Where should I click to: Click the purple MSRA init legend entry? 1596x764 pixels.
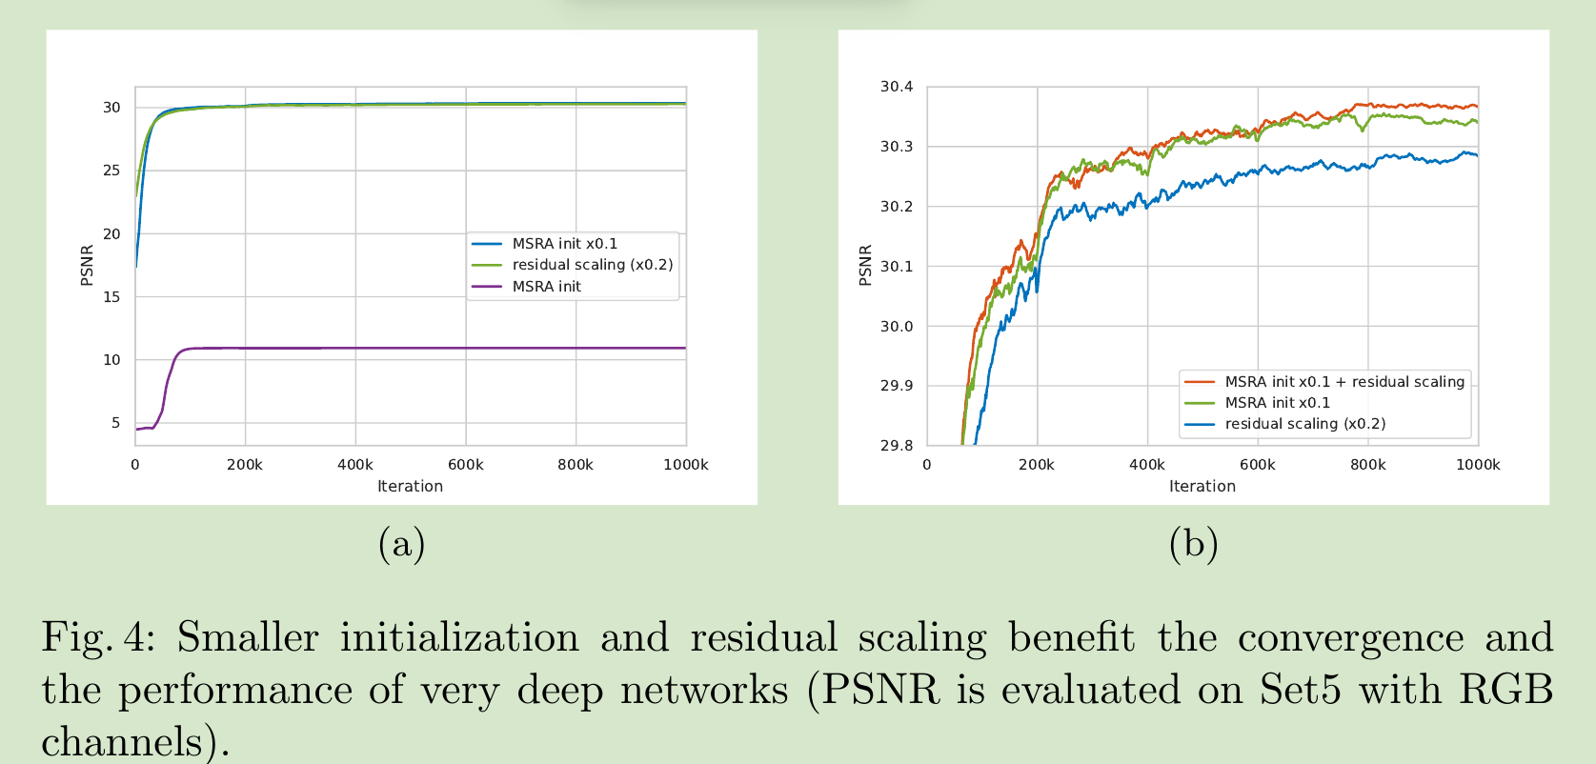[x=546, y=286]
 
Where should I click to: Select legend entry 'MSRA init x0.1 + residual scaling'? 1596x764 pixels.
[x=1343, y=381]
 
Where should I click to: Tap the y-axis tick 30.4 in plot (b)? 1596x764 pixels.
[x=896, y=87]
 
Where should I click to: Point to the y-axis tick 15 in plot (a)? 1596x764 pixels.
[x=112, y=296]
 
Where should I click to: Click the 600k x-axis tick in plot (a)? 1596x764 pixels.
[x=465, y=465]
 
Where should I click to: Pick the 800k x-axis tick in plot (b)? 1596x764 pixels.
[x=1367, y=465]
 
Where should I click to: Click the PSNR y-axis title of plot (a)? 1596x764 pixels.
[x=87, y=265]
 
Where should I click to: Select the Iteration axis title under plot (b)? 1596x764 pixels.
[x=1202, y=486]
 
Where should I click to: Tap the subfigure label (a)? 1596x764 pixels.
[x=401, y=544]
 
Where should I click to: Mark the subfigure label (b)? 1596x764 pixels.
[x=1193, y=544]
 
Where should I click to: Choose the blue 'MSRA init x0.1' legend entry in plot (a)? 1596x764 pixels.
[x=564, y=244]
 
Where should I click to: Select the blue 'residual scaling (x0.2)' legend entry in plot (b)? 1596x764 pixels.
[x=1304, y=423]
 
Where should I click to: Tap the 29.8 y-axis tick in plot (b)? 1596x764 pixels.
[x=896, y=445]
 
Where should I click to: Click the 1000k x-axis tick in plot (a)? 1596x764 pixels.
[x=685, y=465]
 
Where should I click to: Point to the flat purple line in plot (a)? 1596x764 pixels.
[x=429, y=348]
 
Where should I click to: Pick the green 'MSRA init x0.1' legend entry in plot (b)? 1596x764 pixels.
[x=1277, y=402]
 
